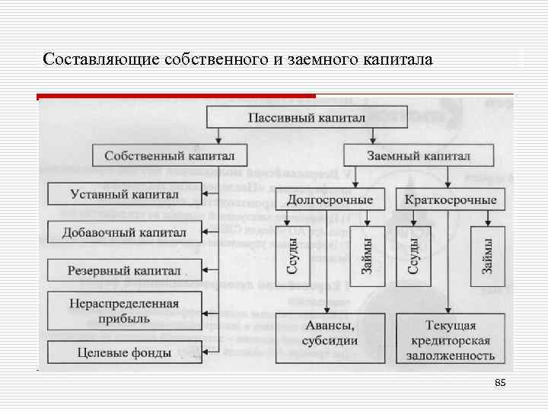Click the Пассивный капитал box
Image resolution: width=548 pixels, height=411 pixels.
coord(307,118)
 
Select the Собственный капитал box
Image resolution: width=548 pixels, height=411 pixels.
coord(169,155)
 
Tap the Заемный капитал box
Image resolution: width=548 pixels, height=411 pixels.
coord(418,155)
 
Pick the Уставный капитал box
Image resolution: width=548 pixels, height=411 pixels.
coord(125,194)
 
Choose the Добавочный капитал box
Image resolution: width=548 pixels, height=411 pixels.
coord(125,232)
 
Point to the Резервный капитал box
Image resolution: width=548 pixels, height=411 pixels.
coord(125,270)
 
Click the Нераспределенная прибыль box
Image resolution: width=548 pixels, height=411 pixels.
coord(125,311)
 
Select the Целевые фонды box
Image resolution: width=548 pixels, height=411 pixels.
coord(125,352)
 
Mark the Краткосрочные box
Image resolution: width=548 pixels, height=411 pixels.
coord(451,199)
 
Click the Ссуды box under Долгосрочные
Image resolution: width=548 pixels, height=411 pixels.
coord(293,256)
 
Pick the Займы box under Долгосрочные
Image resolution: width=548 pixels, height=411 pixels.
coord(368,256)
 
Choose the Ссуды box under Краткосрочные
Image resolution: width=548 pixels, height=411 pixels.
coord(413,256)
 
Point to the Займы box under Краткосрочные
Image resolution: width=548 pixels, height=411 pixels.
coord(488,256)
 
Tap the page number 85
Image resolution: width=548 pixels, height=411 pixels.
coord(500,382)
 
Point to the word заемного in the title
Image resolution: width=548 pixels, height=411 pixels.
coord(320,59)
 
